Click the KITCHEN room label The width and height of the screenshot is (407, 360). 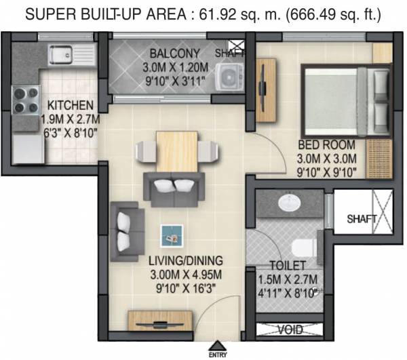[x=70, y=106]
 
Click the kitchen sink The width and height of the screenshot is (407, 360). [x=62, y=52]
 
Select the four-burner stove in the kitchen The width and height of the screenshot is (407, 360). [x=25, y=100]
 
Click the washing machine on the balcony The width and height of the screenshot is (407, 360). [x=230, y=77]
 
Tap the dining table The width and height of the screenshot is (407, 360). [x=176, y=151]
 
